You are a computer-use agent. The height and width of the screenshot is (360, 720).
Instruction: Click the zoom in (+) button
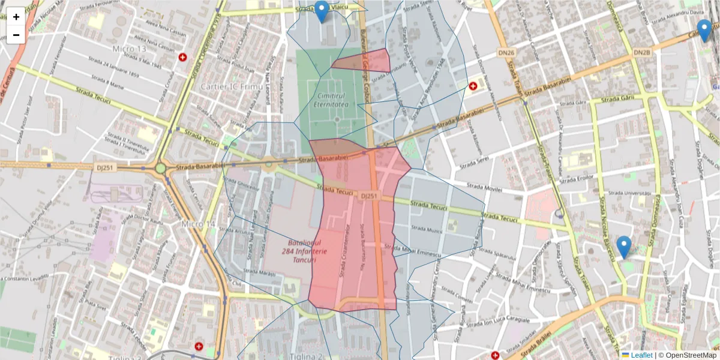coord(16,17)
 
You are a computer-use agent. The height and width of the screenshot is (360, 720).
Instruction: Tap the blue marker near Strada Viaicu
coord(322,11)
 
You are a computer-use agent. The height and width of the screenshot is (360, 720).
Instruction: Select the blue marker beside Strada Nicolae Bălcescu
coord(624,247)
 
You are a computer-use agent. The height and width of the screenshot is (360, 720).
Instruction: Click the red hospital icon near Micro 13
coord(182,58)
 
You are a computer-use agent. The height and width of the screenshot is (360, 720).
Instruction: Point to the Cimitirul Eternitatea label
coord(331,100)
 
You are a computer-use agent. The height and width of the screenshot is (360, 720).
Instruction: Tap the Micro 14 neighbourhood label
coord(198,224)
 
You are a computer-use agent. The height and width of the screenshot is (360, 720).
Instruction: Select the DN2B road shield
coord(641,53)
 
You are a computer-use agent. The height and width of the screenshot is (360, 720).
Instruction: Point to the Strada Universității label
coord(629,193)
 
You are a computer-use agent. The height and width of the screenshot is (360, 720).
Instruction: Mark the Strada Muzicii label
coord(427,230)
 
